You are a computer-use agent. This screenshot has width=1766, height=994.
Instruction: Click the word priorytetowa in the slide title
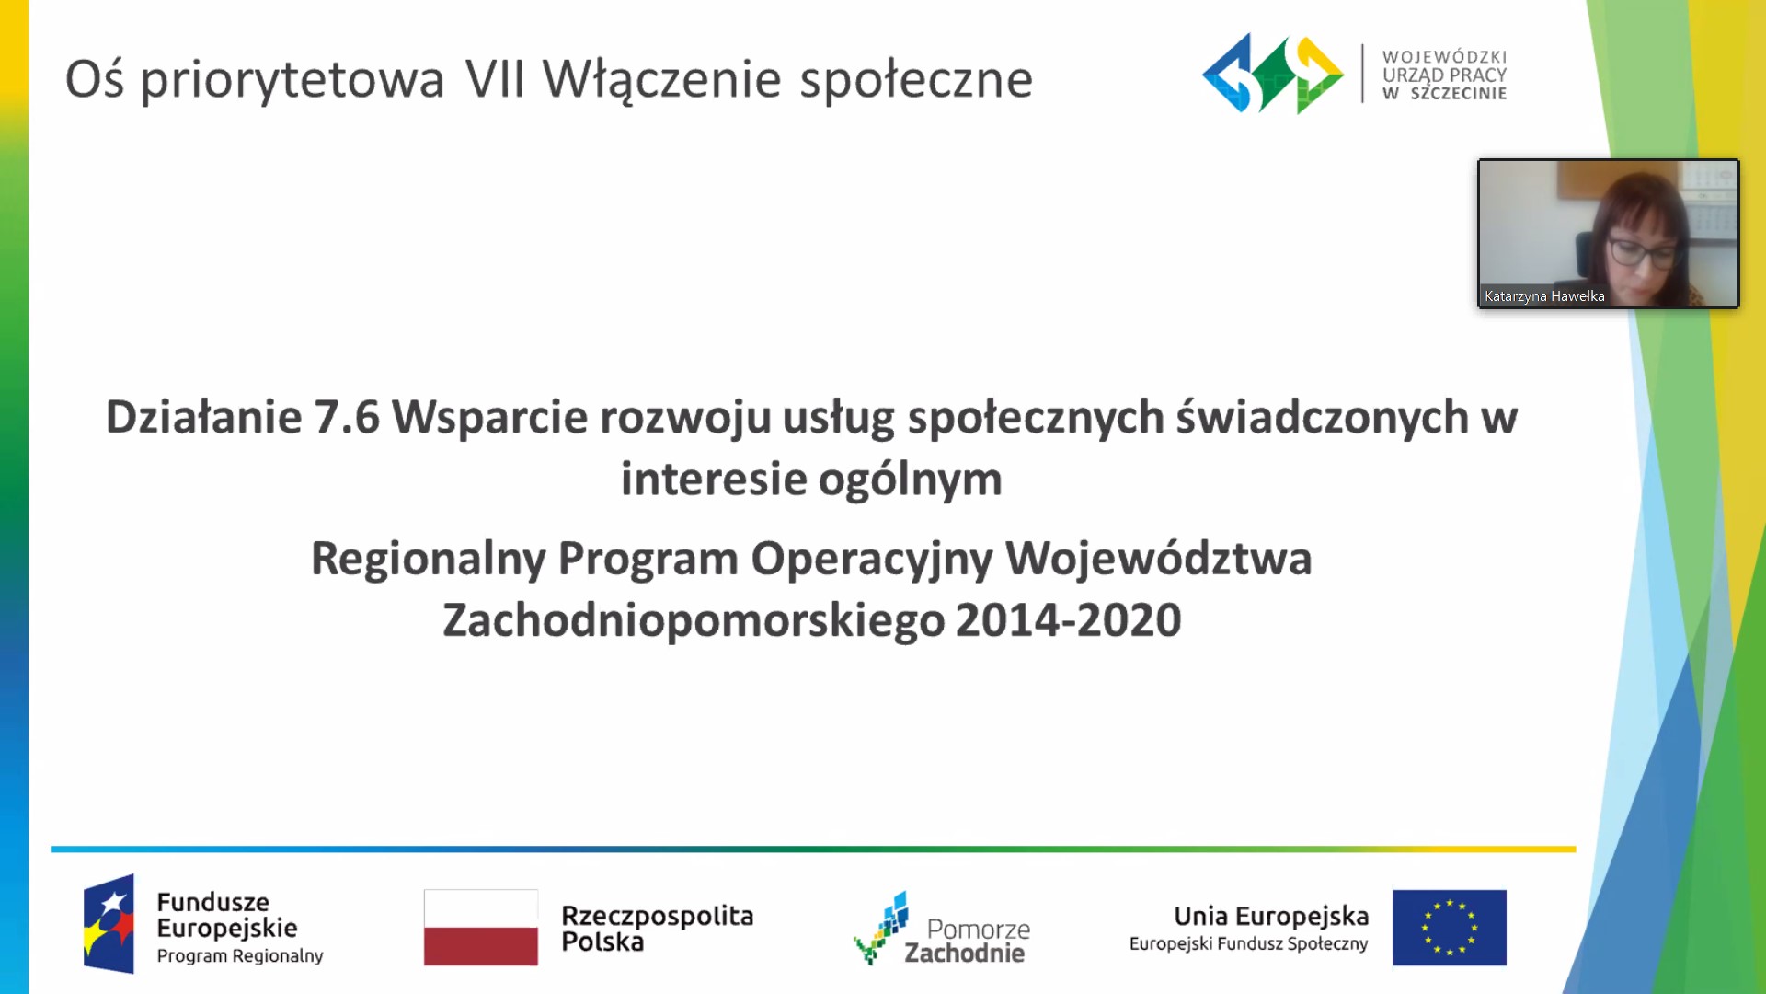coord(292,81)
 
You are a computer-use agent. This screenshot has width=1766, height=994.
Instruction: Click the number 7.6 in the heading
coord(347,417)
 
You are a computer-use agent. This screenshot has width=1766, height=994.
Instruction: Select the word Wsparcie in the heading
coord(489,417)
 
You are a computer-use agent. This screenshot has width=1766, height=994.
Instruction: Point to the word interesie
coord(713,479)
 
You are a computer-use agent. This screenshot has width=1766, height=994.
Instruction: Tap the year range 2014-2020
coord(1068,620)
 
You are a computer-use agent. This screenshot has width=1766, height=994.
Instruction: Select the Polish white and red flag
coord(480,927)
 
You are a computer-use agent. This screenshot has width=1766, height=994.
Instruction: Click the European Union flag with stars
coord(1450,927)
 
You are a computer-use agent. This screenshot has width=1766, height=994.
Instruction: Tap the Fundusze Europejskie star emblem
coord(109,923)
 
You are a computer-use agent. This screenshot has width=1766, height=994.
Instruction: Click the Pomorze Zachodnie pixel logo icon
coord(881,927)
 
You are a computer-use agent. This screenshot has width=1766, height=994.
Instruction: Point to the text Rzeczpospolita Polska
coord(657,929)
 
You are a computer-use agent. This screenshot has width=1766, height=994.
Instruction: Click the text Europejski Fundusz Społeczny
coord(1248,944)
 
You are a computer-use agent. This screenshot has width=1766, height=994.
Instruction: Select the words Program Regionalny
coord(240,956)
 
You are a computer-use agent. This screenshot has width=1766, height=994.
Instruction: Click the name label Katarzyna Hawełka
coord(1544,296)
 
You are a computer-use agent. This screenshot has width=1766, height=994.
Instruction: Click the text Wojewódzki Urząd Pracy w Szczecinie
coord(1444,75)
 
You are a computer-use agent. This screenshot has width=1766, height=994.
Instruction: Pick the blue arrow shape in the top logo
coord(1228,74)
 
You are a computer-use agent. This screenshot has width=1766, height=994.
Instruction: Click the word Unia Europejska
coord(1271,917)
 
